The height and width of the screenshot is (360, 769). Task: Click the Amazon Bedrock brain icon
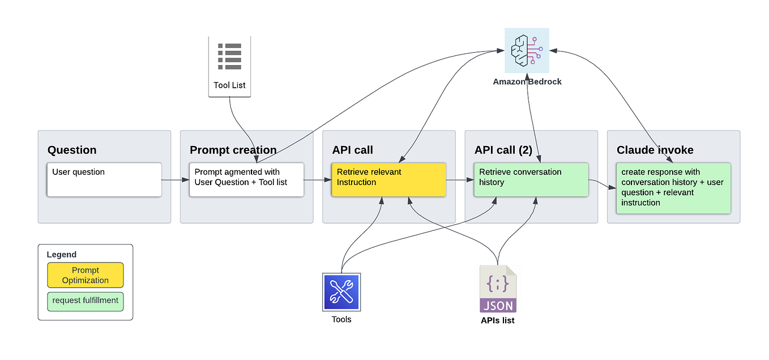[x=527, y=50]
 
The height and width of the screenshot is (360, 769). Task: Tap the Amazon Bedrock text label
[x=527, y=82]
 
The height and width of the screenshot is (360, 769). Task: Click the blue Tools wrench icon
[x=341, y=292]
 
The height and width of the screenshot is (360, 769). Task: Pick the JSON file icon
[x=498, y=289]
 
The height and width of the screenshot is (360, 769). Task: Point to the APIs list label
[x=498, y=320]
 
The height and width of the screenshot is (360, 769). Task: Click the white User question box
[x=104, y=179]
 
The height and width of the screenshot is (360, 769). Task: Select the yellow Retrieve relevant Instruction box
[x=388, y=179]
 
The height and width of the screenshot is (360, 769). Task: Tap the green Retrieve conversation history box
[x=531, y=179]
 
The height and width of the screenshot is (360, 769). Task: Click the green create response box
[x=673, y=188]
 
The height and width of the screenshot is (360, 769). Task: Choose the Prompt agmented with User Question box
[x=246, y=179]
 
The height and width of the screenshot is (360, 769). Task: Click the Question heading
[x=72, y=150]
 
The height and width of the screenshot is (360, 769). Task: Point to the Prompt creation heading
[x=233, y=150]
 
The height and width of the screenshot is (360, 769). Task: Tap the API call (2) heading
[x=503, y=150]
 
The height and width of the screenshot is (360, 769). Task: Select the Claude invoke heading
[x=655, y=150]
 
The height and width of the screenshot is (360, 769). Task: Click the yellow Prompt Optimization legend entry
[x=86, y=275]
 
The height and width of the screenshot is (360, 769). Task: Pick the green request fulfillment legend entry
[x=86, y=301]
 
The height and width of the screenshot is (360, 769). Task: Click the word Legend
[x=61, y=255]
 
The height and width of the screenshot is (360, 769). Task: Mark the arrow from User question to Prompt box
[x=176, y=180]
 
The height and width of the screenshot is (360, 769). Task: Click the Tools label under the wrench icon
[x=341, y=319]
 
